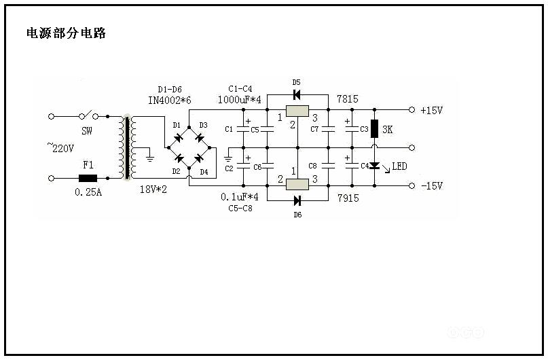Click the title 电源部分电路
pos(66,33)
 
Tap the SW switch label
pos(87,130)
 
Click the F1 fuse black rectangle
pos(88,179)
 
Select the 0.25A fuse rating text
pos(88,192)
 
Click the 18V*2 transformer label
pos(153,189)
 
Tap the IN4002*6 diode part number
pos(169,100)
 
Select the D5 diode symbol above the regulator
pos(297,94)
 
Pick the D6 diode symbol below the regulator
pos(297,200)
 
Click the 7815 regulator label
pos(347,99)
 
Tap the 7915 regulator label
pos(347,198)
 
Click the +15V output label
pos(432,109)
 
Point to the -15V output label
pos(432,185)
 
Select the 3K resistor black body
pos(373,130)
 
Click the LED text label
pos(399,166)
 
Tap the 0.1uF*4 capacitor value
pos(240,197)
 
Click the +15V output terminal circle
pos(411,109)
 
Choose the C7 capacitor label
pos(314,129)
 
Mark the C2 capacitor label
pos(229,168)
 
